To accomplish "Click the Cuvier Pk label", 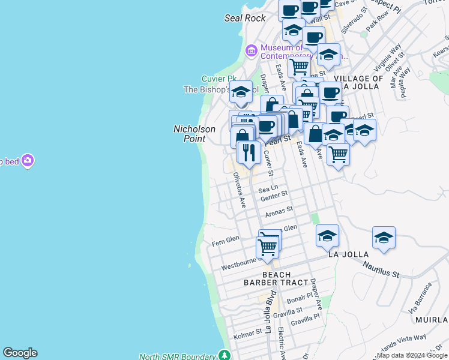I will tap(218, 79).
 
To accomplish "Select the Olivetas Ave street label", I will tap(239, 190).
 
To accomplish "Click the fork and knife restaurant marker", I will tap(249, 152).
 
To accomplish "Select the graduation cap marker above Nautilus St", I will tap(384, 238).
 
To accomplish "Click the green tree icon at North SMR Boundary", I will tap(224, 355).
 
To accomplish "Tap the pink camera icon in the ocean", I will tap(27, 160).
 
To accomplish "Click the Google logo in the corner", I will tap(20, 353).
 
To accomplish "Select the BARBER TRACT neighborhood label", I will tap(276, 282).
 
